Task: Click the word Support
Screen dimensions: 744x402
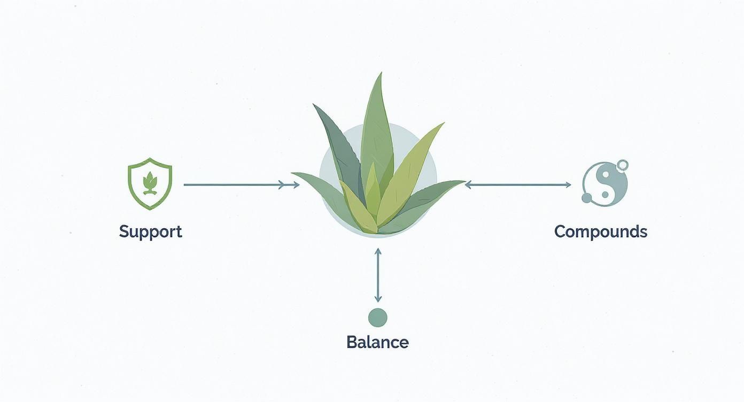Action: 150,231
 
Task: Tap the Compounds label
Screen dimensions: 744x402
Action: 600,231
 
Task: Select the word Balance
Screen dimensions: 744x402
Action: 377,342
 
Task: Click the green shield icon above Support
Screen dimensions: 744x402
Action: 150,183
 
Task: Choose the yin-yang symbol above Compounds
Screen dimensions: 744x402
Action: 604,183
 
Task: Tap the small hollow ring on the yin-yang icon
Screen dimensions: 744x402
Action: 622,166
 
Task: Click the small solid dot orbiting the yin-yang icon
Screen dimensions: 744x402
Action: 587,198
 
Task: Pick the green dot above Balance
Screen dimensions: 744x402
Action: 377,318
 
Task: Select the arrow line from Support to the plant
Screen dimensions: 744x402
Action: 235,185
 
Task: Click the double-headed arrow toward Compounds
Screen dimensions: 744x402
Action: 517,185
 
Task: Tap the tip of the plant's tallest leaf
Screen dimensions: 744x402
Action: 381,74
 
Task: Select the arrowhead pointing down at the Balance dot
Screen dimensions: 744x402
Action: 378,299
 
